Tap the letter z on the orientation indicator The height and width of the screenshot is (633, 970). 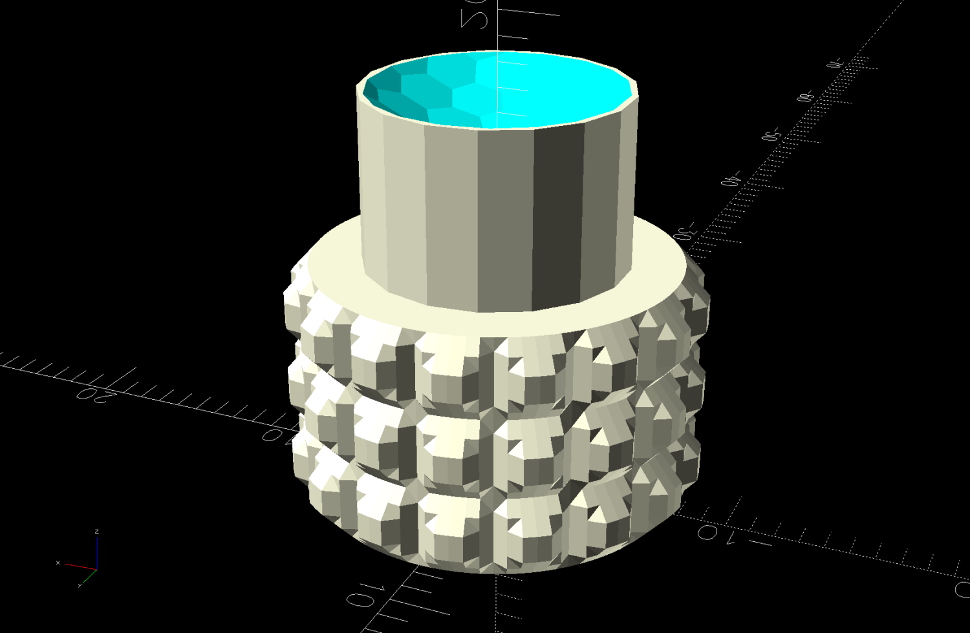96,532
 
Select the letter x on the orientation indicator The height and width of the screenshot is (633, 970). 58,563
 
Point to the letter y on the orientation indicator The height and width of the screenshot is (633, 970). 80,585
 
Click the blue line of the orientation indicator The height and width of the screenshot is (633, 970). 97,552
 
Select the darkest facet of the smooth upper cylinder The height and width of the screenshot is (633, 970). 557,213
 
